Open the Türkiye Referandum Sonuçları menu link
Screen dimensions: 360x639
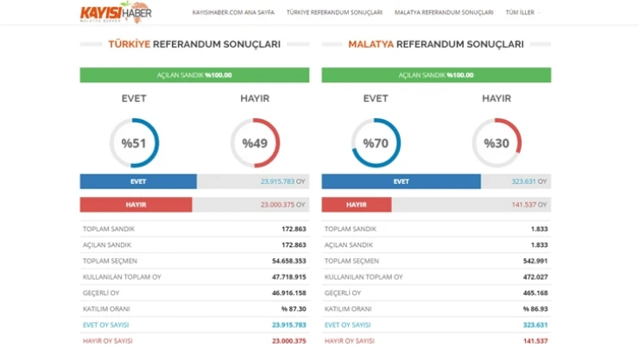click(334, 13)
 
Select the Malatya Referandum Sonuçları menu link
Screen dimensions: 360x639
click(444, 13)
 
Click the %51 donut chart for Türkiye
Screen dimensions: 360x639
click(134, 142)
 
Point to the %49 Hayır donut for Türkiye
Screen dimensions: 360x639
click(255, 142)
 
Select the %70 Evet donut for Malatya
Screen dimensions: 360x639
click(376, 142)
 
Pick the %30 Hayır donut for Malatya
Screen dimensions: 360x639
click(497, 142)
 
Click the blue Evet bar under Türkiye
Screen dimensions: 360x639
click(138, 181)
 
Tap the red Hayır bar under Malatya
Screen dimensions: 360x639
click(357, 205)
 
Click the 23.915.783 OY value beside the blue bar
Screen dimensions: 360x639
click(283, 181)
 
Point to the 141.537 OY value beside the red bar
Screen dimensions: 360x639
click(528, 205)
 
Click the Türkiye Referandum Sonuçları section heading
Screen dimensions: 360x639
click(194, 44)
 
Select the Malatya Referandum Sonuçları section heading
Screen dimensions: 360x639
click(435, 44)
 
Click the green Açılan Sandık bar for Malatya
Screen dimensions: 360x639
click(435, 75)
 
